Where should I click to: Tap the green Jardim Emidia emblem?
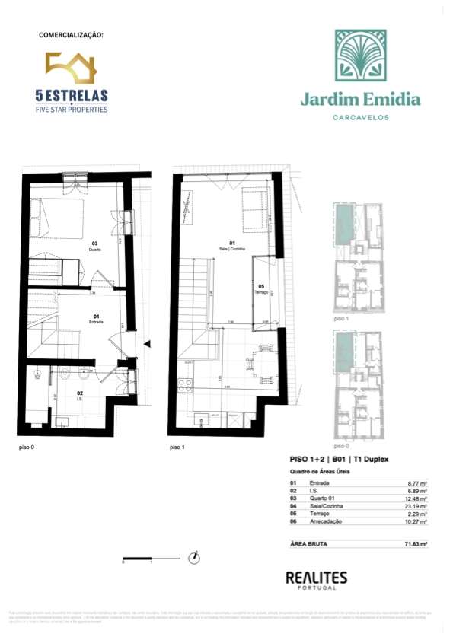pyautogui.click(x=362, y=58)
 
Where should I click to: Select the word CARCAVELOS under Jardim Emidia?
pyautogui.click(x=362, y=117)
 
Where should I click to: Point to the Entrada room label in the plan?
pyautogui.click(x=97, y=320)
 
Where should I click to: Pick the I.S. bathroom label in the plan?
pyautogui.click(x=79, y=396)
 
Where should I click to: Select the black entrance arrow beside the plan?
pyautogui.click(x=148, y=344)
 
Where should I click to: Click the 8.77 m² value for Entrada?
pyautogui.click(x=413, y=483)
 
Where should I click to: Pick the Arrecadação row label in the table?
pyautogui.click(x=327, y=521)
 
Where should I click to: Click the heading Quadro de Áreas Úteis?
pyautogui.click(x=319, y=471)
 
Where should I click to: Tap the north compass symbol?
pyautogui.click(x=196, y=558)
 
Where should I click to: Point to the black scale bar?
pyautogui.click(x=137, y=559)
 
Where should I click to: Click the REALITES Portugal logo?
pyautogui.click(x=315, y=580)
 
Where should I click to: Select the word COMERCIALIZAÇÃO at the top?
pyautogui.click(x=71, y=35)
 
